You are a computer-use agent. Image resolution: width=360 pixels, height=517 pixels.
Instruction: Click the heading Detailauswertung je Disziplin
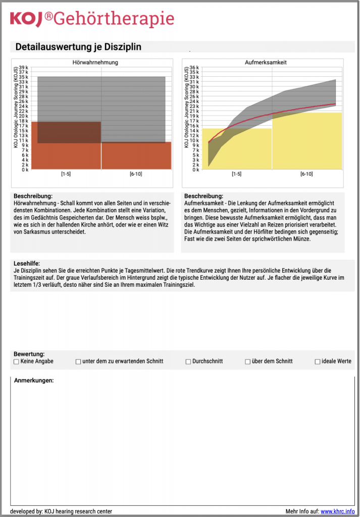tap(78, 47)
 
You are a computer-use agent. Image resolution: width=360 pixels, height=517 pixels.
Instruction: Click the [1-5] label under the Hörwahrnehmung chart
tap(66, 174)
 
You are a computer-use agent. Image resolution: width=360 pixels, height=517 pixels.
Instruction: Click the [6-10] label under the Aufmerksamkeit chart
tap(306, 174)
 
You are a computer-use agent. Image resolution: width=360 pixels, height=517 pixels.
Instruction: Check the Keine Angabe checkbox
tap(16, 361)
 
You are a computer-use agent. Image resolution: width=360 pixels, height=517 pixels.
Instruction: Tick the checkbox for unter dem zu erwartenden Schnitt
tap(78, 361)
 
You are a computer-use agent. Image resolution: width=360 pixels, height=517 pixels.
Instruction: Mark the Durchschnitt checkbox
tap(188, 361)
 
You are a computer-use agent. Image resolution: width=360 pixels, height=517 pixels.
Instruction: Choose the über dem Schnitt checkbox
tap(248, 361)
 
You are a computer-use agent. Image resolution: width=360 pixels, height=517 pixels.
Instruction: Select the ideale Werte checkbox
tap(318, 361)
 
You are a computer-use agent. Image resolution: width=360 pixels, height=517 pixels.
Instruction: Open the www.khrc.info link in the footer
tap(337, 511)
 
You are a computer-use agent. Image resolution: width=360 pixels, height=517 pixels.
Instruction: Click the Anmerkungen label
tap(34, 380)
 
